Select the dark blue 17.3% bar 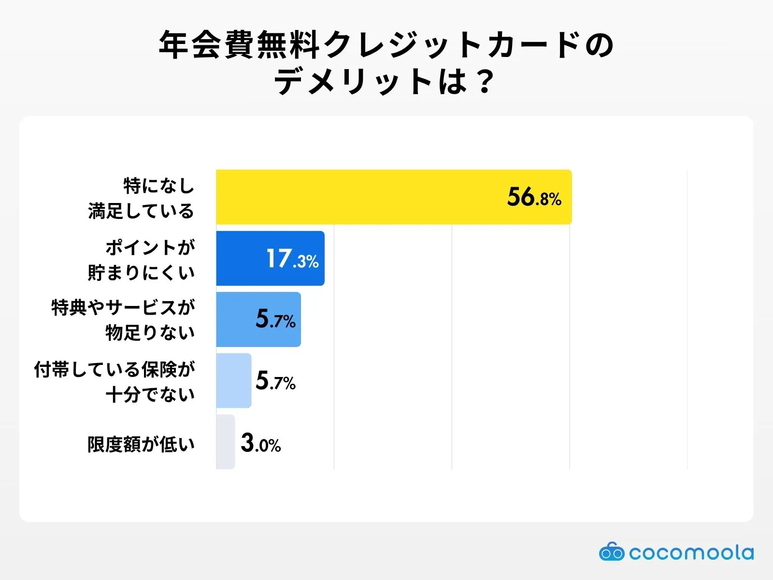242,259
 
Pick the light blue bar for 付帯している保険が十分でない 234,381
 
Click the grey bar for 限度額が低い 225,442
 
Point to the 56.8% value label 534,197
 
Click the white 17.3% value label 292,259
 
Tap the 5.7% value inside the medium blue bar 275,319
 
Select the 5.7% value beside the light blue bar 275,381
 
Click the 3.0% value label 261,443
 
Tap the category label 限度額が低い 141,444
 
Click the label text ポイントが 150,247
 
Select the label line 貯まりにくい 141,273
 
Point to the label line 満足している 141,211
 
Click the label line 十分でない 150,395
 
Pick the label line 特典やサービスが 123,307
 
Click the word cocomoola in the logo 691,552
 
